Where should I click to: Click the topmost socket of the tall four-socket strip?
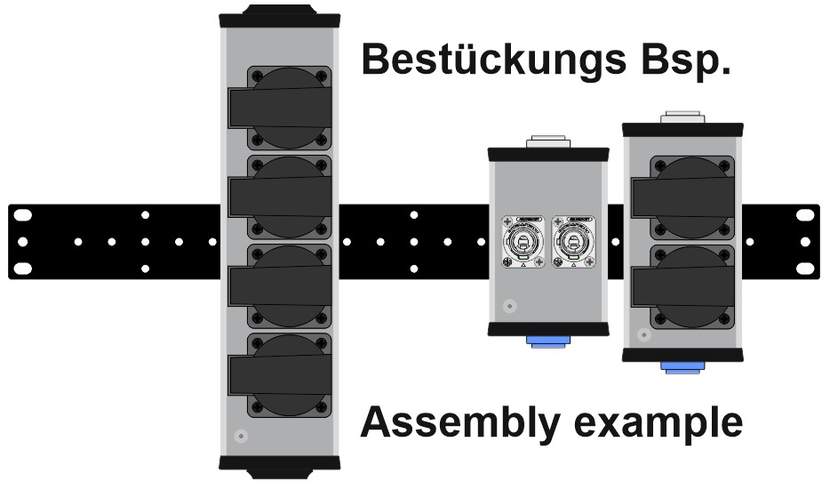(281, 108)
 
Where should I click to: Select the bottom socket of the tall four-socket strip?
(281, 374)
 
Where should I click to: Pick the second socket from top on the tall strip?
(281, 197)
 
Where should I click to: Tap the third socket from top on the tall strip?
(281, 285)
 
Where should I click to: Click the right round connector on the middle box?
(571, 241)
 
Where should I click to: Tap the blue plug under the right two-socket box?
(682, 366)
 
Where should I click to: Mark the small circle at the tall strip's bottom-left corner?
(239, 437)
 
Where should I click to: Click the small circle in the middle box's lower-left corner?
(508, 307)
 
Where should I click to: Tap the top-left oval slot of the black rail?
(22, 215)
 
